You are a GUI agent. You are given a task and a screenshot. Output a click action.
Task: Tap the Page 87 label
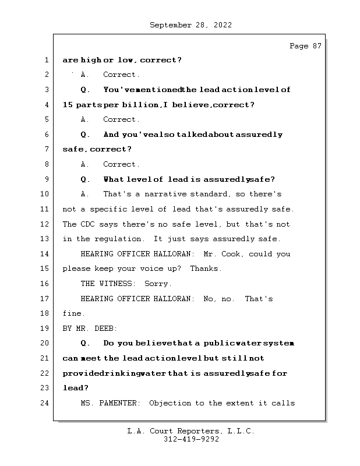[305, 46]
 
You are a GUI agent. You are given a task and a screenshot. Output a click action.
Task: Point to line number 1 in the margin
[47, 60]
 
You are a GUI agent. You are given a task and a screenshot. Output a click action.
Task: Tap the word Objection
[170, 403]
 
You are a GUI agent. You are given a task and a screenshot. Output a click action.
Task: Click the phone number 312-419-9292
[191, 440]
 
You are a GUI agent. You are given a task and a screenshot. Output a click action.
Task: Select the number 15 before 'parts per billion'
[68, 105]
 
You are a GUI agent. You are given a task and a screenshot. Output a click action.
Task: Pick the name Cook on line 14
[238, 254]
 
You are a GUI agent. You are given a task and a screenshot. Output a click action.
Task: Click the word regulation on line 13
[119, 239]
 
